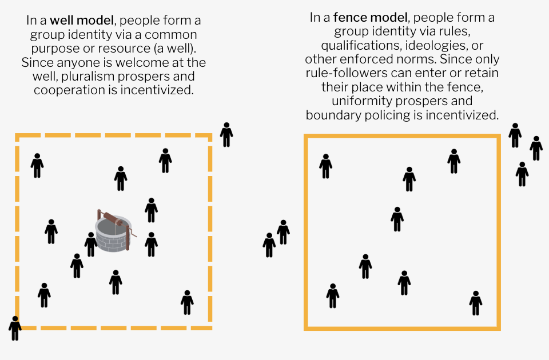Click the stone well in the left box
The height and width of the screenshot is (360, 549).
point(113,233)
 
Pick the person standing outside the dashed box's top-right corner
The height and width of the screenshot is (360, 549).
point(226,134)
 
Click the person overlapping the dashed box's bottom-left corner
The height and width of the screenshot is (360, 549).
point(15,328)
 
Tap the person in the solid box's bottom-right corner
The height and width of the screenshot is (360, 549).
point(475,302)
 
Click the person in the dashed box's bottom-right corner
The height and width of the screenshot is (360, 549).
point(187,302)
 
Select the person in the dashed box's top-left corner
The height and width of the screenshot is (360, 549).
point(37,165)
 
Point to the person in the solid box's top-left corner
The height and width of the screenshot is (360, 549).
point(325,166)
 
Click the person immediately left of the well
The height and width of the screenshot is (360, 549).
point(90,244)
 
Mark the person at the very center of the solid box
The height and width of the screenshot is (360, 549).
point(397,219)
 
